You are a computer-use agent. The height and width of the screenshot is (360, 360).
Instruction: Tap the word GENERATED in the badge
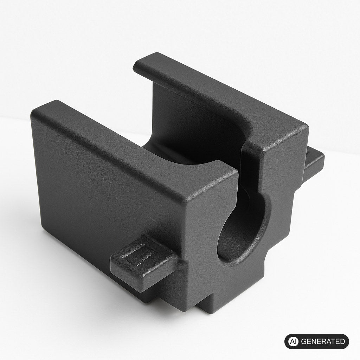(x=323, y=341)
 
